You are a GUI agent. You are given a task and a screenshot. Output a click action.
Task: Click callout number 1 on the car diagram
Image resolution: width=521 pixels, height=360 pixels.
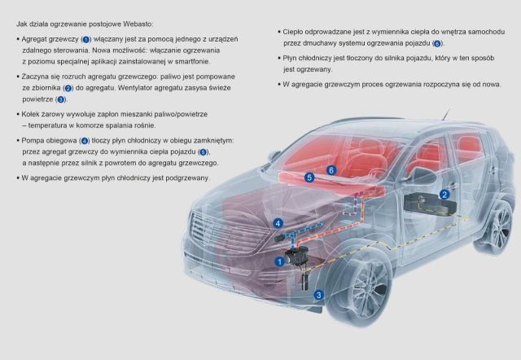point(279,261)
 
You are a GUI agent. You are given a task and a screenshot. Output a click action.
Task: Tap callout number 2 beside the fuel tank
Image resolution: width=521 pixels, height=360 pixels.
point(444,195)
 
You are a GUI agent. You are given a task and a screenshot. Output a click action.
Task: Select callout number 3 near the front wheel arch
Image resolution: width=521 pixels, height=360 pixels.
point(318,295)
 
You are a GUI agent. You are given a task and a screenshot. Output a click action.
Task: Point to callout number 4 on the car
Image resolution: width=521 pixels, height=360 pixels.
point(278,223)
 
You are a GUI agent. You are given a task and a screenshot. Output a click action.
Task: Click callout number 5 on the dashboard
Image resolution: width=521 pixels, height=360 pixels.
point(309,178)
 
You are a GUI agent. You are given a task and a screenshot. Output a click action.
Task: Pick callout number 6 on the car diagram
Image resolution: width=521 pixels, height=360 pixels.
point(331,170)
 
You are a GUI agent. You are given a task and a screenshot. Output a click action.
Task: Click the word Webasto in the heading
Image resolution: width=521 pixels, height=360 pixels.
point(138,24)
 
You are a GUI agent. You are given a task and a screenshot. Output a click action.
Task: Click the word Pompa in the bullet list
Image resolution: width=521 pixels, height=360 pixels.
point(33,141)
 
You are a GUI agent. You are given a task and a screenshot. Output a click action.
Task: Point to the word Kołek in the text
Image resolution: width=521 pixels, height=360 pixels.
point(31,114)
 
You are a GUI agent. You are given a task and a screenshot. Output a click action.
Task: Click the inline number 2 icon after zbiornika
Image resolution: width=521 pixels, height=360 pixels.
point(68,89)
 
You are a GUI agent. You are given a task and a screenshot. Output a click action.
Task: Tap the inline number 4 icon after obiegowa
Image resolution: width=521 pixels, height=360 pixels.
point(85,141)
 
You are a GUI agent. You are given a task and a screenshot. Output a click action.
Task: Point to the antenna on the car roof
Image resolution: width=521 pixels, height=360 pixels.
point(446,114)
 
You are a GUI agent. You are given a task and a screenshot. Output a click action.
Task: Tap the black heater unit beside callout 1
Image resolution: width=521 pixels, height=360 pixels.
point(296,256)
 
